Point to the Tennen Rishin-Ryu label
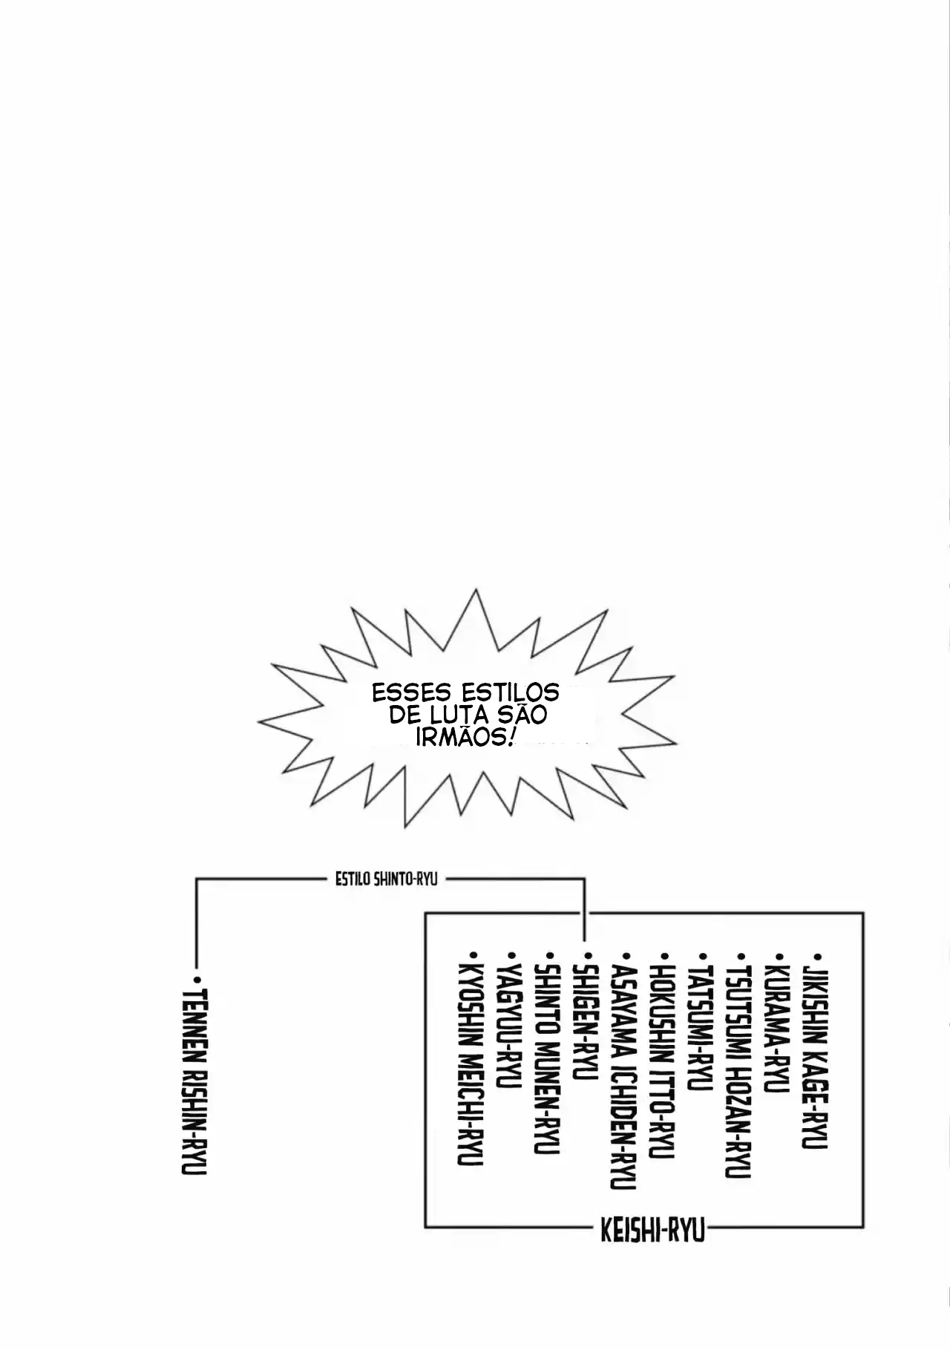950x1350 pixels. click(194, 1082)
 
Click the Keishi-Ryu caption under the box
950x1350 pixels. click(652, 1232)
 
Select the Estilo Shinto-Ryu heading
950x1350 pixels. click(386, 879)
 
